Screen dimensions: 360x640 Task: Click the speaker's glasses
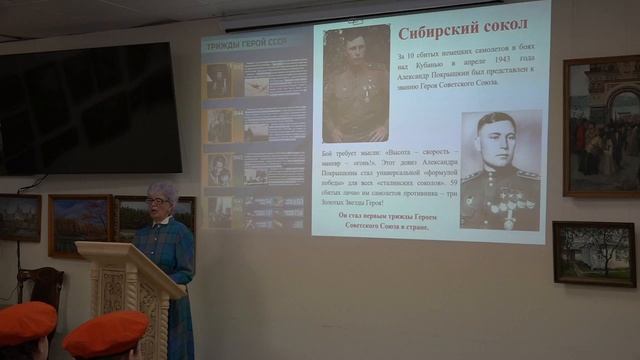(x=157, y=202)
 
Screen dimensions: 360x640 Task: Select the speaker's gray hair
(x=162, y=190)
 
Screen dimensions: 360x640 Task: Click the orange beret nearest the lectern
(x=104, y=332)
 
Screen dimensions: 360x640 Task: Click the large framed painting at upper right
(x=600, y=125)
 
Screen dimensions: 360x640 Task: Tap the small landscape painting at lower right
(x=593, y=254)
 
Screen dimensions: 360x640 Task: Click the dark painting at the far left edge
(x=19, y=217)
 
